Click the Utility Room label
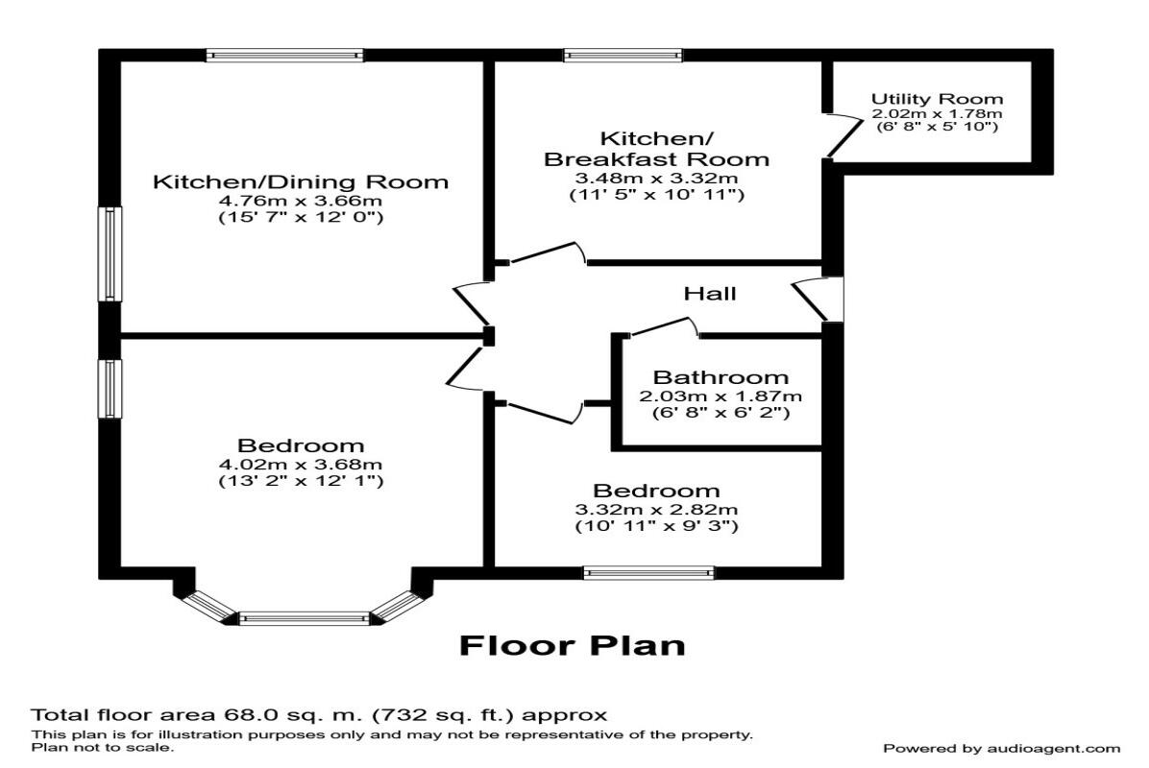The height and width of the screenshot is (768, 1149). tap(937, 99)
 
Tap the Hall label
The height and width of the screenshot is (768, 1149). tap(710, 293)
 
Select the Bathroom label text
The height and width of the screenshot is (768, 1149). tap(721, 377)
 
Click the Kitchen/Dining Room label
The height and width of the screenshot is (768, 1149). tap(301, 181)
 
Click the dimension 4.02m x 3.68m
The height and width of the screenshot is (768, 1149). tap(301, 465)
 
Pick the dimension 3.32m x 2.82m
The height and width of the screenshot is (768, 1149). tap(656, 509)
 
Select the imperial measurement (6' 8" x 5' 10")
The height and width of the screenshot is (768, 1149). tap(937, 127)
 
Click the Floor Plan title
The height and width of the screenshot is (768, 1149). tap(573, 645)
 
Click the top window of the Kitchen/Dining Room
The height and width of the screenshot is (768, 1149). tap(284, 56)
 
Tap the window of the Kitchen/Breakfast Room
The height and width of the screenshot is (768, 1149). tap(623, 56)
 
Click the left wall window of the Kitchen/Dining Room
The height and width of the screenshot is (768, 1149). tap(112, 254)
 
